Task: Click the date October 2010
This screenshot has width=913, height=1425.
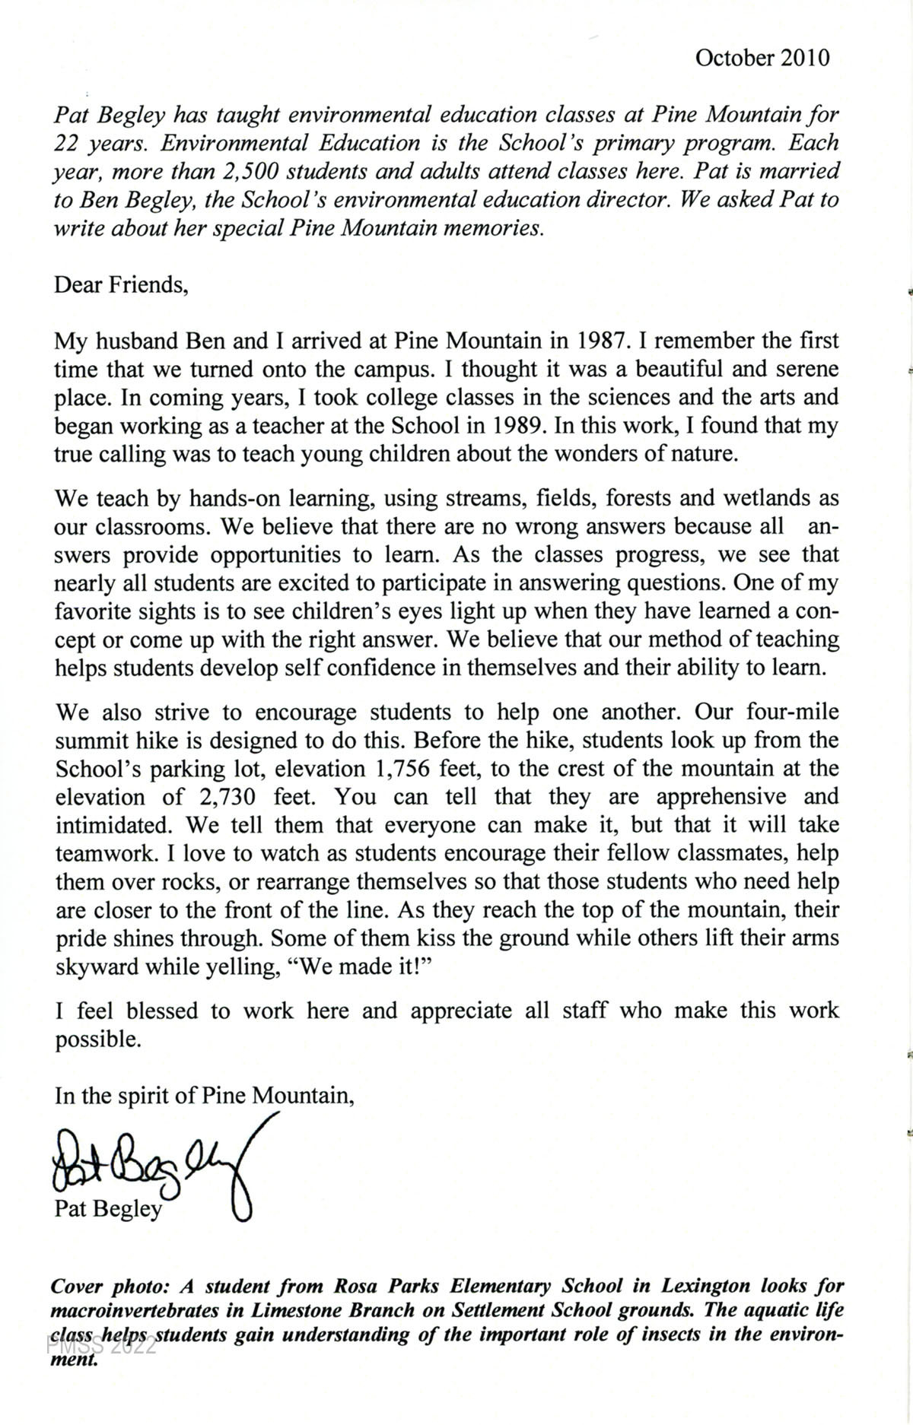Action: tap(762, 59)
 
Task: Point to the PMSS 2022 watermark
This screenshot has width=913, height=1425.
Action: tap(102, 1345)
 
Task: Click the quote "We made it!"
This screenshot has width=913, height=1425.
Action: tap(367, 967)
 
